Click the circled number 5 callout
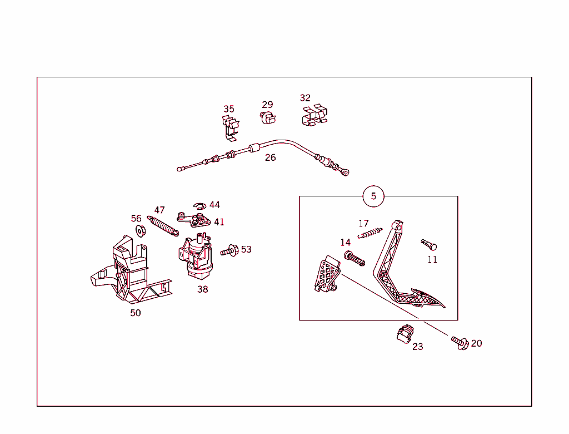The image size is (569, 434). pos(373,196)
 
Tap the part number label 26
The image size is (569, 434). pos(271,158)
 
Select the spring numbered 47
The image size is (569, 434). pos(163,226)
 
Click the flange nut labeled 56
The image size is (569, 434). pos(141,231)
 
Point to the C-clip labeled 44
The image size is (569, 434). pos(199,206)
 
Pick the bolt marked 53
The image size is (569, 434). pos(229,251)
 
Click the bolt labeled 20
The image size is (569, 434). pos(460,342)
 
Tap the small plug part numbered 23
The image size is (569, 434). pos(405,334)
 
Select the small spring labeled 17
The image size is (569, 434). pos(370,233)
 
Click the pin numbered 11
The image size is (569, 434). pos(429,245)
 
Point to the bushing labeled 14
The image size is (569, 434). pos(354,258)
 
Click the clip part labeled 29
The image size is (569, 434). pos(268,118)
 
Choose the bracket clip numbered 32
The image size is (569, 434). pos(315,115)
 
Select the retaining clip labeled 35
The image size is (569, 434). pos(231,128)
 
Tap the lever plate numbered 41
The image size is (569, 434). pos(193,220)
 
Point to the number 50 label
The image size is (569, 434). pos(136,313)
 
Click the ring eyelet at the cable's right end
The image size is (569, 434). pos(346,172)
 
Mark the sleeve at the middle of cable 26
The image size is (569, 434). pos(254,148)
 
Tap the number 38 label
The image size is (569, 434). pos(202,289)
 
